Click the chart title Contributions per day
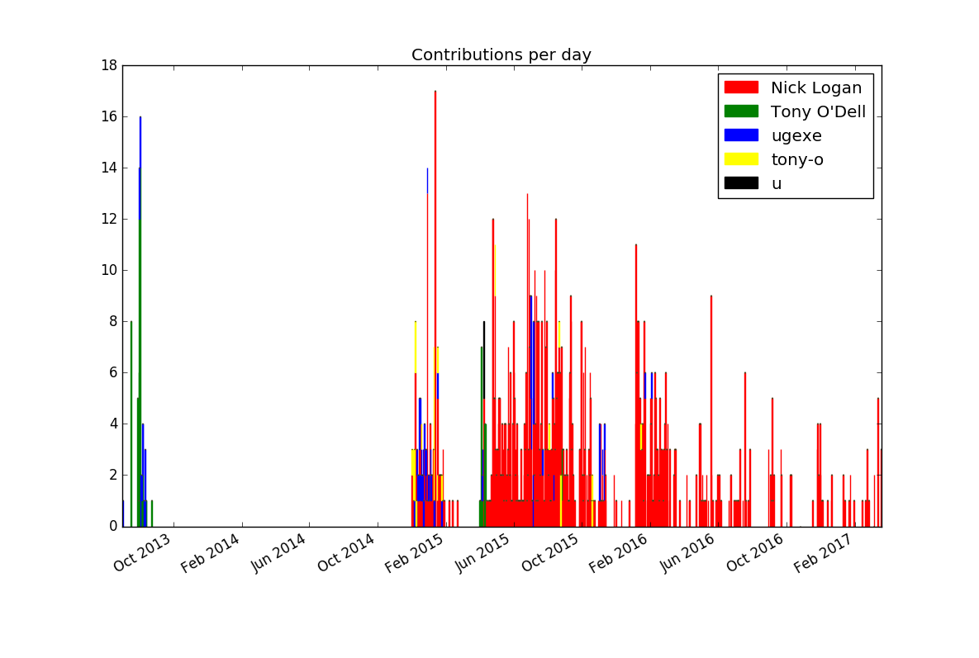(x=501, y=55)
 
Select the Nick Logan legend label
(x=815, y=88)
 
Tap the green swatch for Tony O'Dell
(x=740, y=111)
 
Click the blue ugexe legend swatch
(x=740, y=135)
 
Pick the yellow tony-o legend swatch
(x=740, y=159)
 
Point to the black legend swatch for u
(x=740, y=183)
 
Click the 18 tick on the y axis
(x=107, y=65)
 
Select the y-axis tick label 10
(x=107, y=271)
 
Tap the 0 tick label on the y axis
(x=112, y=527)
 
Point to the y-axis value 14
(x=107, y=168)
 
